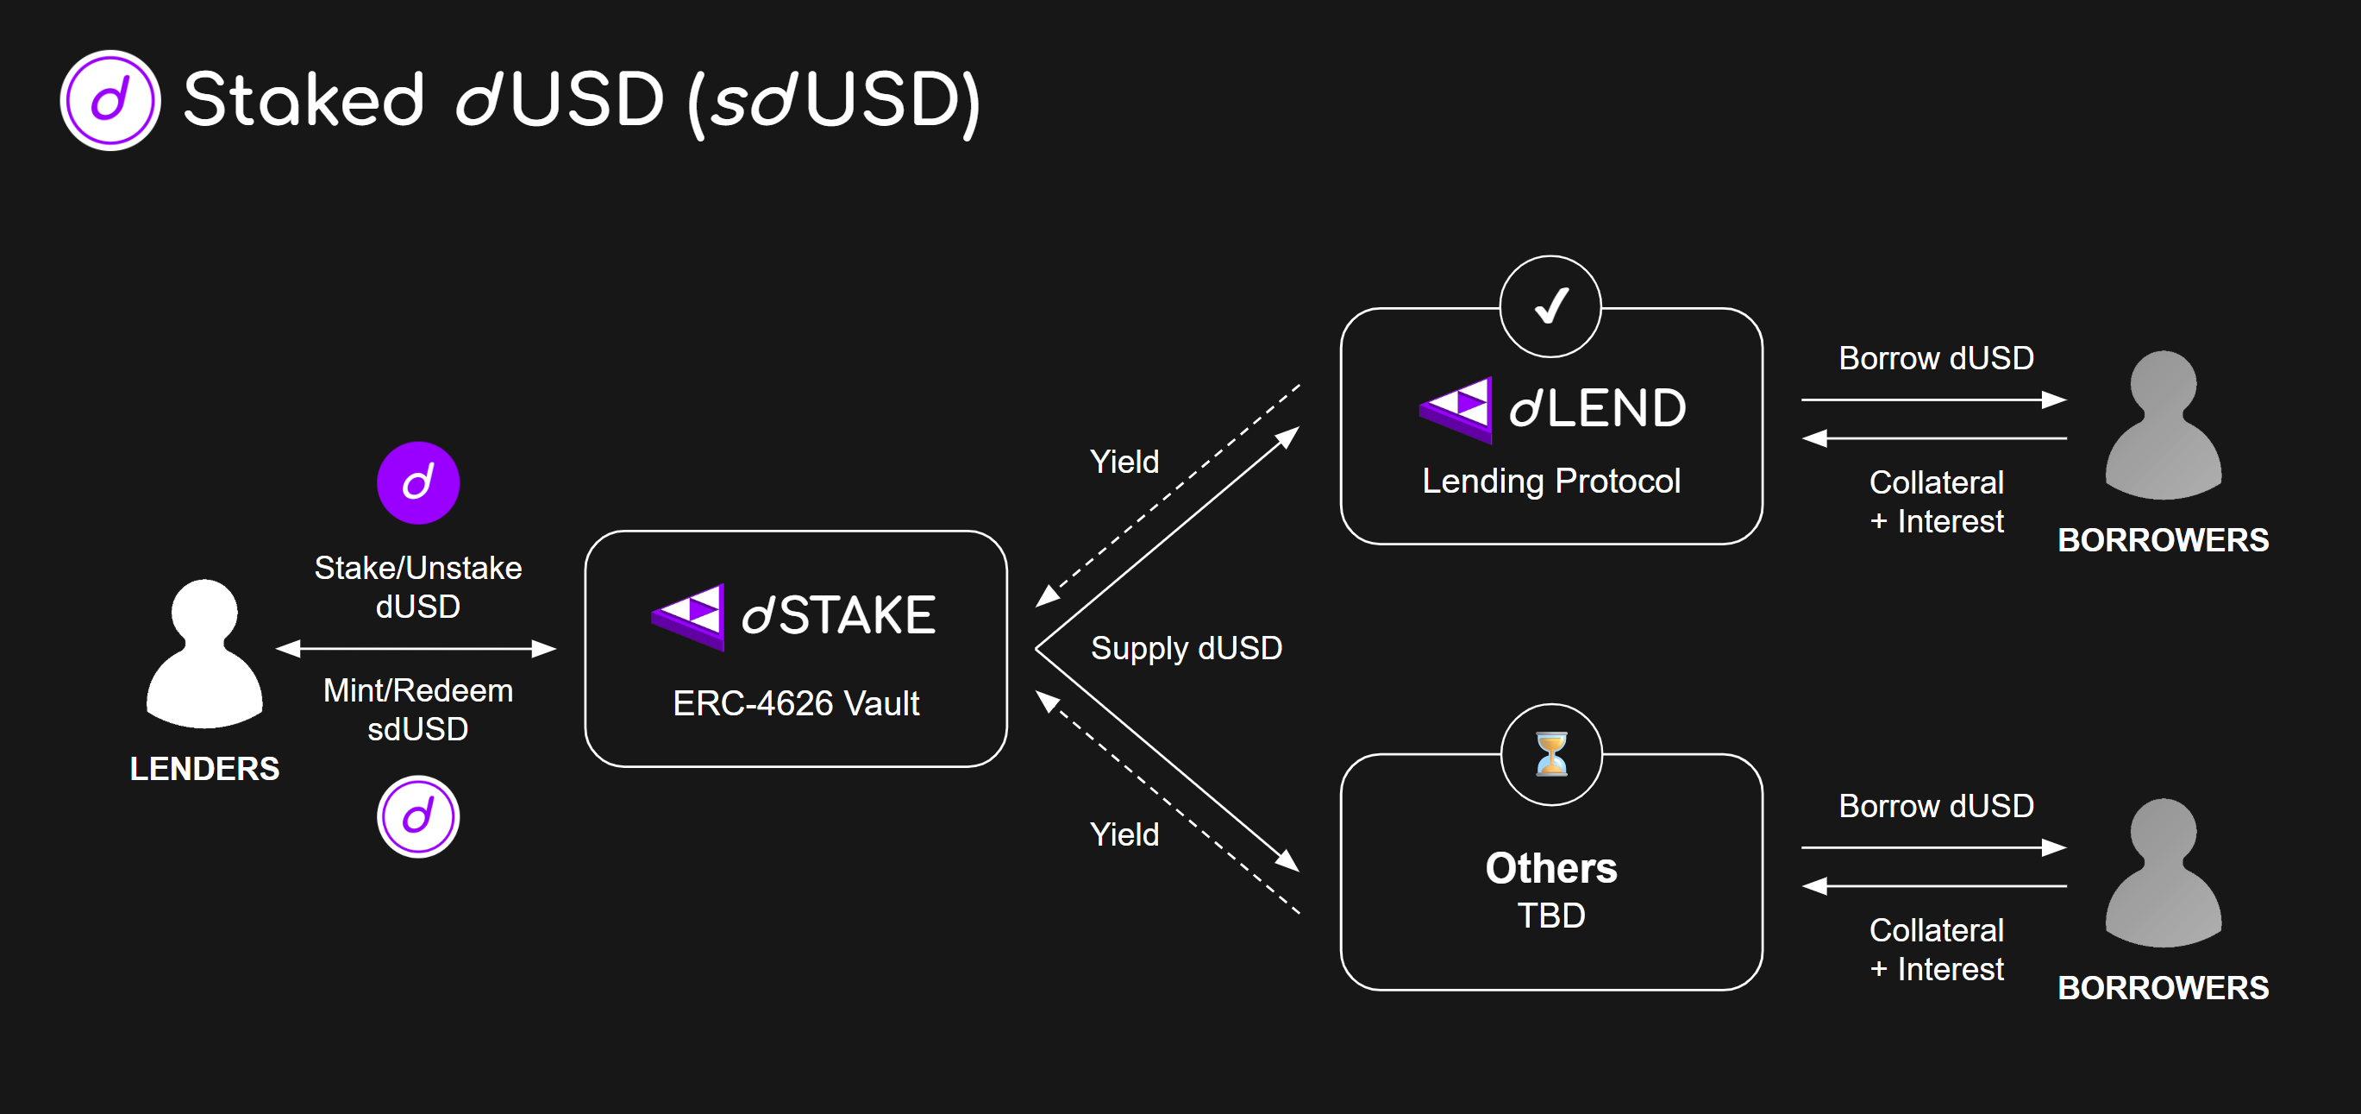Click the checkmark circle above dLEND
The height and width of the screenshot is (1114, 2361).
click(1550, 306)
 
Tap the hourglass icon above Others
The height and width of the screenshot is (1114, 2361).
click(1550, 753)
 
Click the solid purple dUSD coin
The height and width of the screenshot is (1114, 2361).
click(418, 482)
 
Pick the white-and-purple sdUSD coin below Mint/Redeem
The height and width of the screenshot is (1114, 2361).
click(418, 816)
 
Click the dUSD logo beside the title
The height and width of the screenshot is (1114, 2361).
click(110, 100)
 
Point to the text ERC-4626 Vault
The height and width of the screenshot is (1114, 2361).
click(796, 703)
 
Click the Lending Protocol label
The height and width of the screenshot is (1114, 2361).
click(1550, 481)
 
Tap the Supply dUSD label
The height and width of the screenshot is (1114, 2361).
click(1186, 648)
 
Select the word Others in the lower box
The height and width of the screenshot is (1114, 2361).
click(1550, 867)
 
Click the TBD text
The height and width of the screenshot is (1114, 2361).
click(1550, 915)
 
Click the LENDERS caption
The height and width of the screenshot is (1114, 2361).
click(204, 768)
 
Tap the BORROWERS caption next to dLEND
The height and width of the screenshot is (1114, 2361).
click(2163, 540)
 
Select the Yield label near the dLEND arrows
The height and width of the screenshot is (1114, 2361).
click(1124, 461)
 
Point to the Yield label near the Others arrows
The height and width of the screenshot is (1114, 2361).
click(1124, 834)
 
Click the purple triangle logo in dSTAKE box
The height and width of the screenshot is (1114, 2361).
click(689, 615)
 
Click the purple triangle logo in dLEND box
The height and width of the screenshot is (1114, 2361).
click(1456, 409)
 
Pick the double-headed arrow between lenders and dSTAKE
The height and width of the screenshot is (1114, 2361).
click(416, 649)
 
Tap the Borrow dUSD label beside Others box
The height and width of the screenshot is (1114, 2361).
click(1936, 806)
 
